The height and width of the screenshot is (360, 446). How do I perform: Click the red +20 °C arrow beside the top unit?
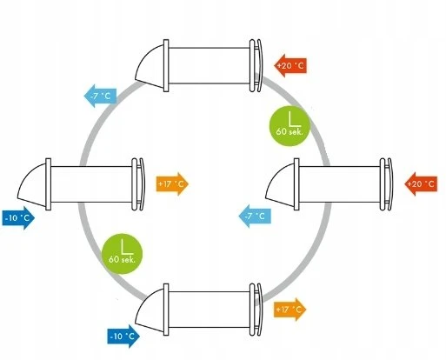click(x=290, y=65)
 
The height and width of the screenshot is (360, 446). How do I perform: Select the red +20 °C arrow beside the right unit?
click(x=421, y=183)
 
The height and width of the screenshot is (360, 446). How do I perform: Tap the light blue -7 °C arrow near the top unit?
click(x=100, y=96)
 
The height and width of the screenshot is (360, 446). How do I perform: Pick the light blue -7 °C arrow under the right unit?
click(x=255, y=216)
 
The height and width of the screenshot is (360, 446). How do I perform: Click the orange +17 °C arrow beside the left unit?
click(x=172, y=183)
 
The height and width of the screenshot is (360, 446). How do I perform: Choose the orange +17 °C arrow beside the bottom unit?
click(x=290, y=310)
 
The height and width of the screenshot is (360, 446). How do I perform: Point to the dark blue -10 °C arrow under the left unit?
click(x=18, y=218)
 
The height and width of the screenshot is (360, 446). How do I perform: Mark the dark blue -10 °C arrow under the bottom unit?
click(x=123, y=337)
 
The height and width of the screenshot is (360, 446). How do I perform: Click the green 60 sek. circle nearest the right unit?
click(x=290, y=126)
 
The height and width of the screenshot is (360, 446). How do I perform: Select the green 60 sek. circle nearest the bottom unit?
click(x=122, y=254)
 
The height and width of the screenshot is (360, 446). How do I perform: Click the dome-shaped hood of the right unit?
click(x=281, y=186)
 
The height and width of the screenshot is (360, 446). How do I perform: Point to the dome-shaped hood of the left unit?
click(x=33, y=186)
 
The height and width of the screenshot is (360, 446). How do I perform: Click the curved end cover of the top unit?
click(x=259, y=66)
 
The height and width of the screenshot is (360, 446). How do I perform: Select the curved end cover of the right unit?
click(x=389, y=184)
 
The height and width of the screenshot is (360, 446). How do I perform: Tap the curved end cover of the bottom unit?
click(x=259, y=310)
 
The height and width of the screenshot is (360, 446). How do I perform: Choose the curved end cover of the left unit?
click(x=142, y=184)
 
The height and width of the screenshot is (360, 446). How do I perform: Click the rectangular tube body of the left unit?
click(x=91, y=184)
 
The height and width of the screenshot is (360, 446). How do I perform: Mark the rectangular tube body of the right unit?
click(x=339, y=184)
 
